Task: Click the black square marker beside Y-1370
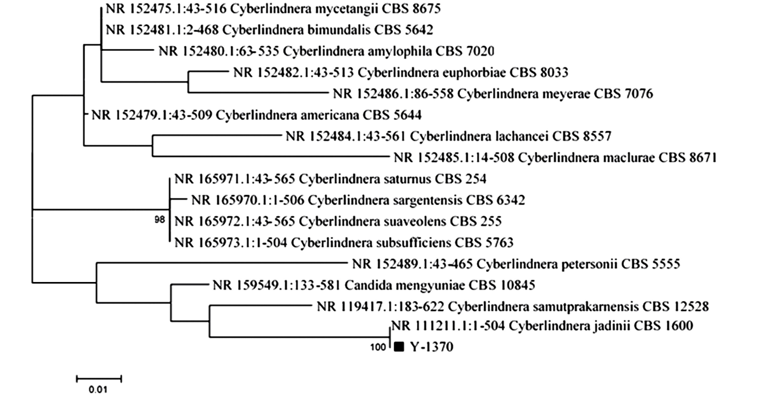tap(399, 347)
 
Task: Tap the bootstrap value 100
tap(378, 347)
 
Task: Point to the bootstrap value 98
tap(160, 220)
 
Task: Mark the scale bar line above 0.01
tap(99, 379)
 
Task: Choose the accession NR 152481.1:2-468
tap(162, 30)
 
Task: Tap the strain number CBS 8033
tap(539, 72)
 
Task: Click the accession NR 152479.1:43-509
tap(152, 115)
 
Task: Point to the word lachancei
tap(520, 136)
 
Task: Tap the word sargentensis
tap(427, 200)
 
